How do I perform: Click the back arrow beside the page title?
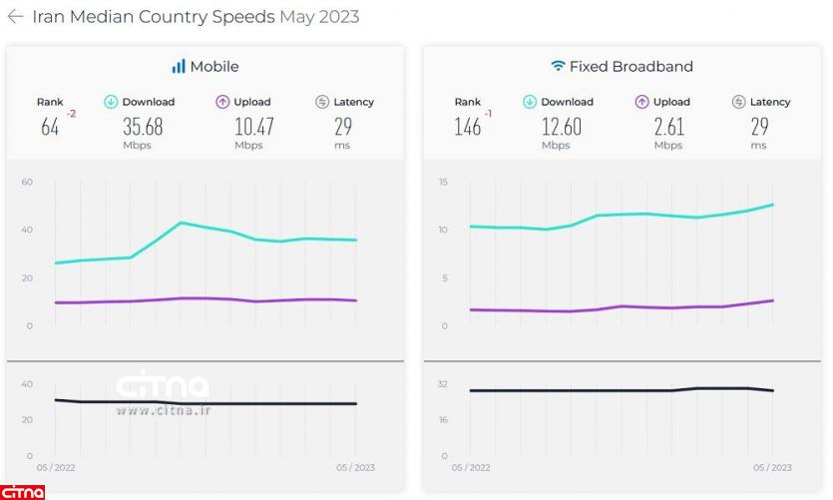click(15, 17)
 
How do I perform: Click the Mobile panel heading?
click(213, 67)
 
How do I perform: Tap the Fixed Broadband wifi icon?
click(558, 67)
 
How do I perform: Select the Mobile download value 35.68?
click(143, 128)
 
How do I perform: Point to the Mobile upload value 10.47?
click(253, 128)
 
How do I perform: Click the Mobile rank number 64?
click(50, 128)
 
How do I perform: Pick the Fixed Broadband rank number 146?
click(467, 128)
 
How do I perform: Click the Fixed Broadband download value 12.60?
click(561, 128)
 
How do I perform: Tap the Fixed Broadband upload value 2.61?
click(668, 128)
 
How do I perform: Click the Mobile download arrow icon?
click(112, 102)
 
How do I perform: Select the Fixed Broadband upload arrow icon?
click(642, 102)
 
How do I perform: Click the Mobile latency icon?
click(322, 102)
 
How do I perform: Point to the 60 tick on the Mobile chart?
click(27, 182)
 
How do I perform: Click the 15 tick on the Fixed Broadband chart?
click(443, 182)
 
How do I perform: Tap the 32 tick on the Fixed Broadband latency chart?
click(442, 383)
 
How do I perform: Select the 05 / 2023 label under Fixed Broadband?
click(772, 467)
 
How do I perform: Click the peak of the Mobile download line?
click(181, 223)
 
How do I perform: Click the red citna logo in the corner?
click(22, 491)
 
